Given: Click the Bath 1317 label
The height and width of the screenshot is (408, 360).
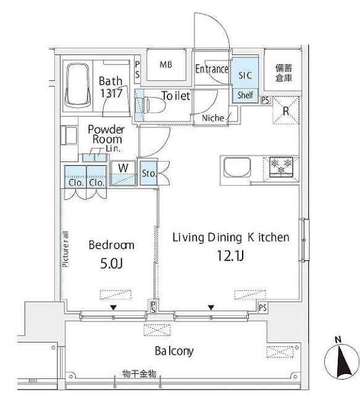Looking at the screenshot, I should pyautogui.click(x=112, y=86).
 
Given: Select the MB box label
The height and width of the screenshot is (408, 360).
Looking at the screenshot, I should pyautogui.click(x=166, y=65).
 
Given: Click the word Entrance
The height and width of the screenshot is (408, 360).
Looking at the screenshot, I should pyautogui.click(x=212, y=69).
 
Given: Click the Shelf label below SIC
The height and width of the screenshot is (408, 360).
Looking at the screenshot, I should pyautogui.click(x=245, y=95).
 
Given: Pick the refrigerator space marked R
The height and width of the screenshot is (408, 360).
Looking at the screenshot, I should pyautogui.click(x=286, y=111).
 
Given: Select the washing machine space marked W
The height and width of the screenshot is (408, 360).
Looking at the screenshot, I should pyautogui.click(x=123, y=167).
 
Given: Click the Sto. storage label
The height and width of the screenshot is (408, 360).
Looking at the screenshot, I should pyautogui.click(x=148, y=173).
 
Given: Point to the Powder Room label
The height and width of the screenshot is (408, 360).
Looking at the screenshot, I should pyautogui.click(x=106, y=134).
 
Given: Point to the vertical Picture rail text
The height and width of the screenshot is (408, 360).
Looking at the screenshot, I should pyautogui.click(x=65, y=247).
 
